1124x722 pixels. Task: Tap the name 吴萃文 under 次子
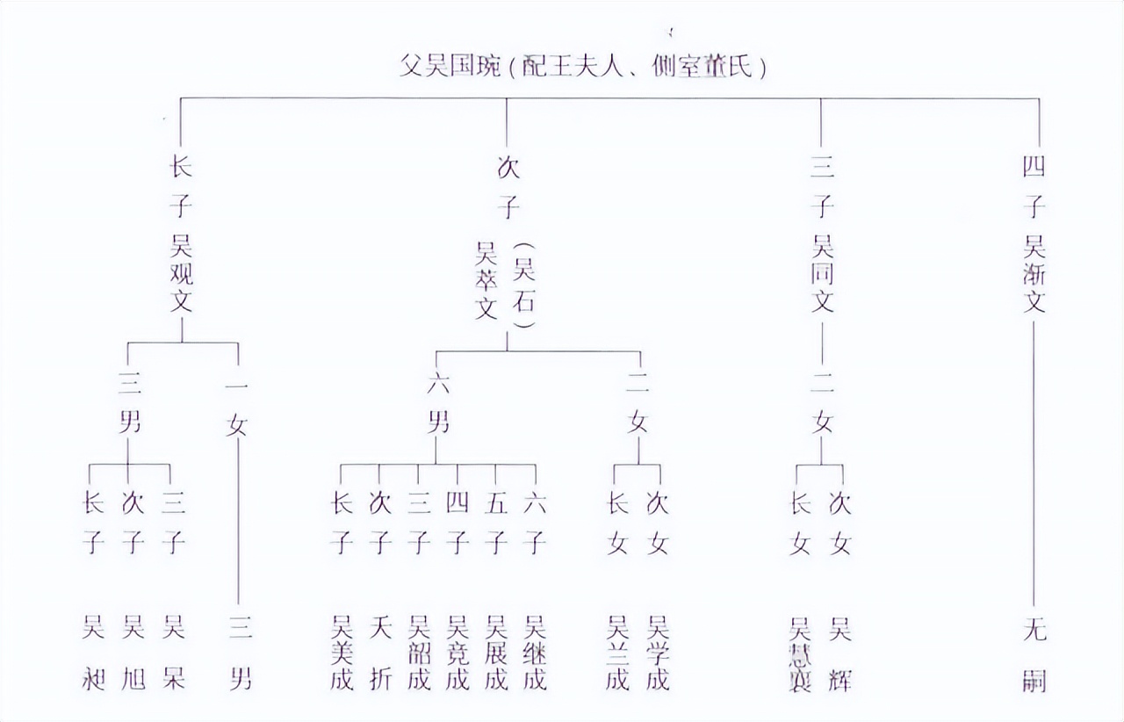486,281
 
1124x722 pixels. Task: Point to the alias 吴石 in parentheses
524,286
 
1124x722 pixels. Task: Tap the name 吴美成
342,653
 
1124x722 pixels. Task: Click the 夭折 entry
380,653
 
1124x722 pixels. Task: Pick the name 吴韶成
419,653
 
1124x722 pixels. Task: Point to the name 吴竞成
458,653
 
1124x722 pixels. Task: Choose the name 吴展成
496,653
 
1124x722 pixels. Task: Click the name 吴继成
535,653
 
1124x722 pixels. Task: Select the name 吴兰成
618,653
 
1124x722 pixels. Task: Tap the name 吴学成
658,653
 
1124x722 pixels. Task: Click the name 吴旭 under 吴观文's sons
133,653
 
